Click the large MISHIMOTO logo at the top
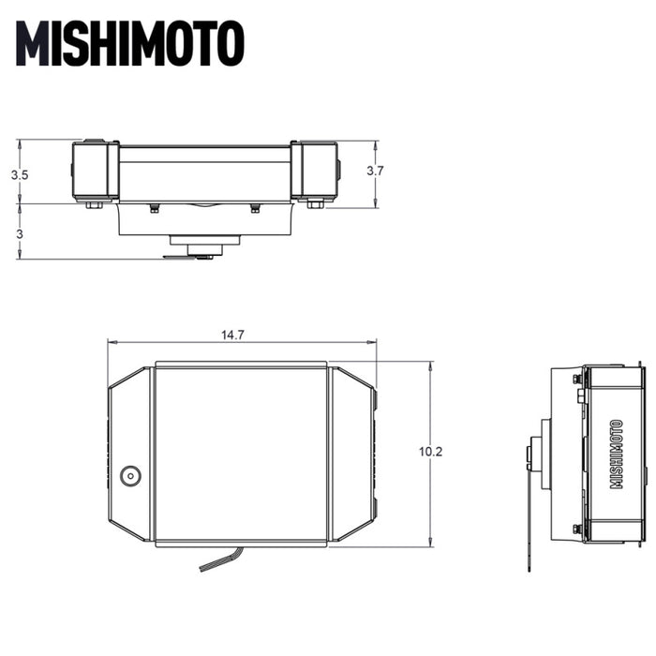[131, 43]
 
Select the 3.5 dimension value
[20, 174]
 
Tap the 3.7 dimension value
[375, 171]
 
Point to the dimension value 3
[19, 232]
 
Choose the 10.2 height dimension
[430, 452]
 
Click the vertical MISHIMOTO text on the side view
[616, 454]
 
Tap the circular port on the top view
[130, 475]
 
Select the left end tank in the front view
[96, 171]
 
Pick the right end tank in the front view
[314, 171]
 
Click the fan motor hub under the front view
[206, 249]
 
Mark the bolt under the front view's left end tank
[95, 203]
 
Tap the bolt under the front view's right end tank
[315, 203]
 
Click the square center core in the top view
[240, 454]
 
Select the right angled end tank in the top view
[352, 454]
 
